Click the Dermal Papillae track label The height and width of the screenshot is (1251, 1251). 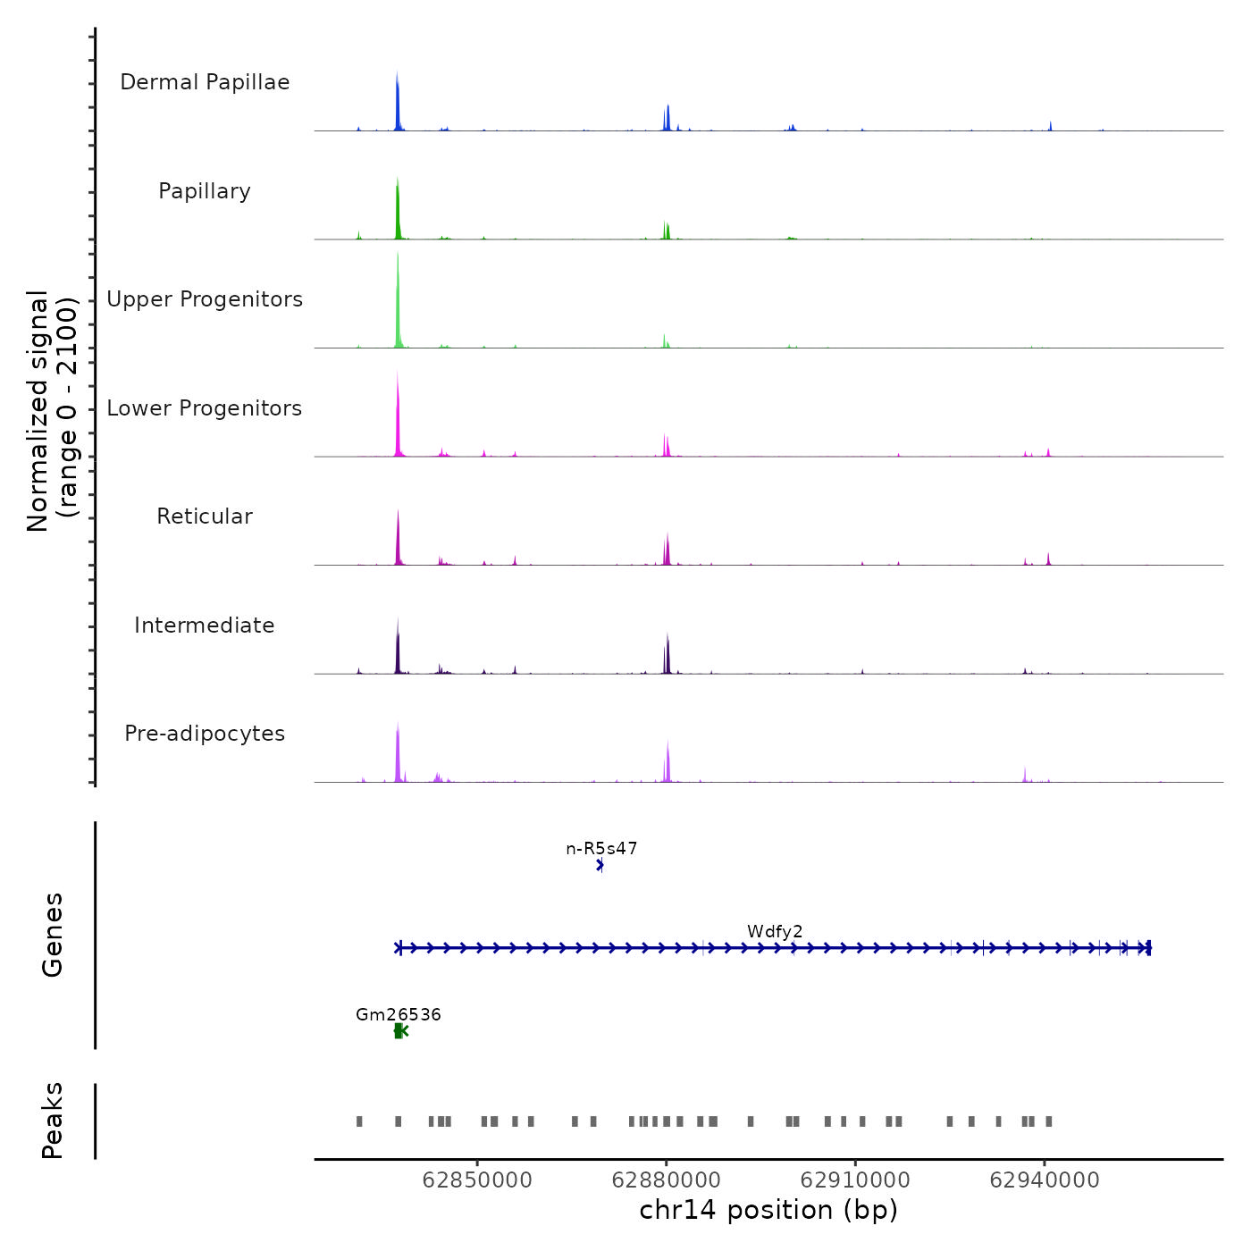[205, 82]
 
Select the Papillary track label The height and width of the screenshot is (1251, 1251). [205, 191]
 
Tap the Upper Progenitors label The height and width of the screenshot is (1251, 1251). [205, 299]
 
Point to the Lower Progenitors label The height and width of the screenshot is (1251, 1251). [205, 408]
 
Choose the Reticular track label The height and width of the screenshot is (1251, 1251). [205, 516]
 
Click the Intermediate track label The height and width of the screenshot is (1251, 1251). [205, 625]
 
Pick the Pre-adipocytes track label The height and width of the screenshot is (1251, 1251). [205, 734]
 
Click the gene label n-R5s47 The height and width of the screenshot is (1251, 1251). [601, 849]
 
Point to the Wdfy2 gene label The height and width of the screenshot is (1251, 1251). [775, 932]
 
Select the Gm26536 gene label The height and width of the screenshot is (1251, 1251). [399, 1015]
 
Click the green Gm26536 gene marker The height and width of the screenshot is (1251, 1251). [400, 1031]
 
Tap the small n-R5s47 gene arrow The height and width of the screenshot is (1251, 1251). [600, 865]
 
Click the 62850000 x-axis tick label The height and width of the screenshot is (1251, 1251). [477, 1180]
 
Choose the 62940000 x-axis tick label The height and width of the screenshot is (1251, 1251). [1044, 1180]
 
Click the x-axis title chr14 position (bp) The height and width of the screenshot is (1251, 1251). [768, 1210]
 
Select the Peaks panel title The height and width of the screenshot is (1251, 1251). [53, 1121]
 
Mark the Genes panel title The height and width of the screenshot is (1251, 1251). [53, 935]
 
